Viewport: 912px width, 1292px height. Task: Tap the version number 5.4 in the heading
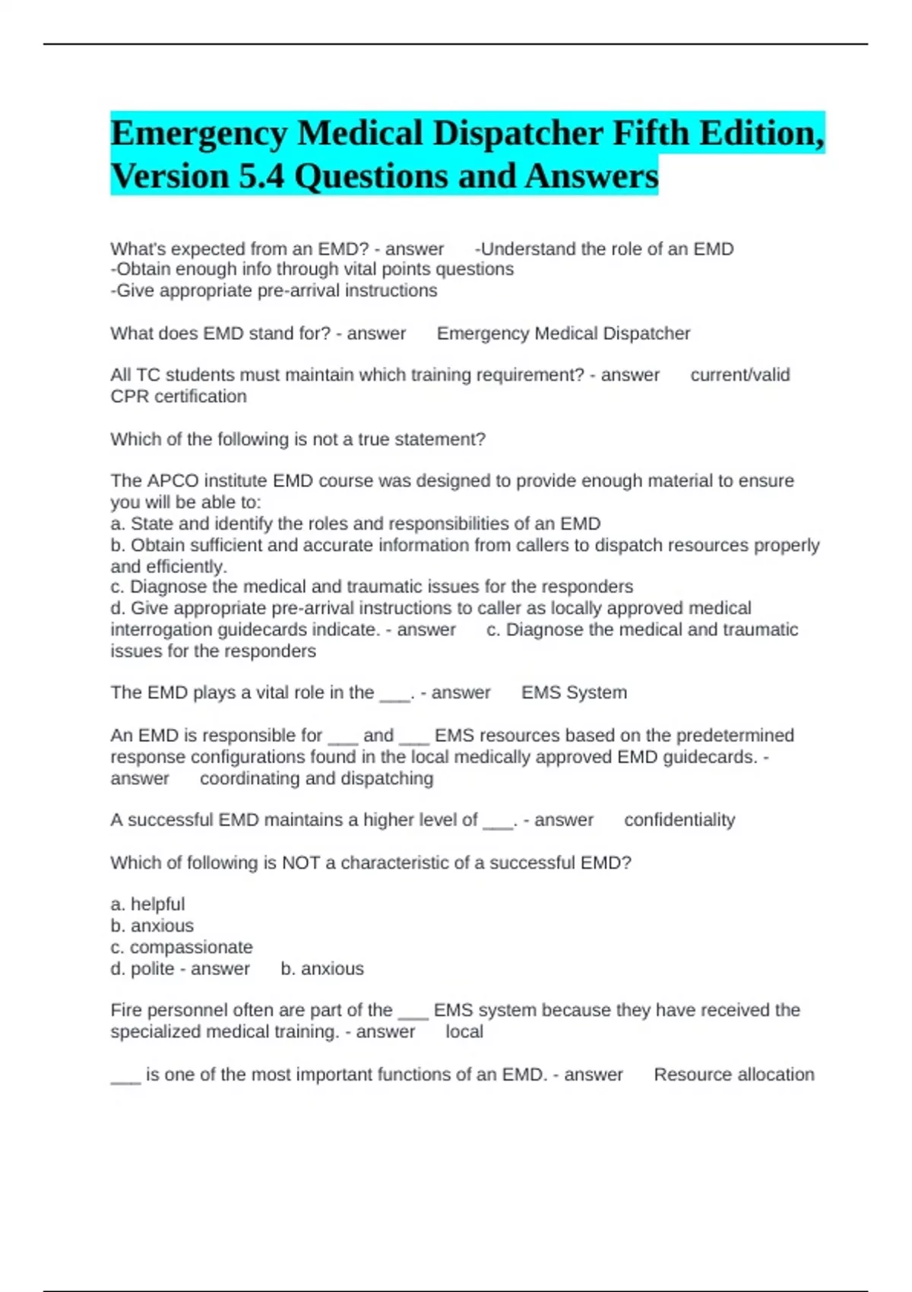[x=260, y=177]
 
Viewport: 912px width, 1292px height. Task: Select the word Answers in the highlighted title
[x=591, y=177]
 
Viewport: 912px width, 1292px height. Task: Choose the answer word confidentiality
[x=679, y=820]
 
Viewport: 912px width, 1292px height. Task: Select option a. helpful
[x=147, y=904]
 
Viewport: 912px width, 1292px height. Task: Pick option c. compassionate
[x=182, y=948]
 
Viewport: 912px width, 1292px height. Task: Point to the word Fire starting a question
[x=126, y=1011]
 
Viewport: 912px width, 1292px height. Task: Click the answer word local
[x=464, y=1032]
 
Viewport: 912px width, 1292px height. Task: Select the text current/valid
[x=739, y=375]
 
